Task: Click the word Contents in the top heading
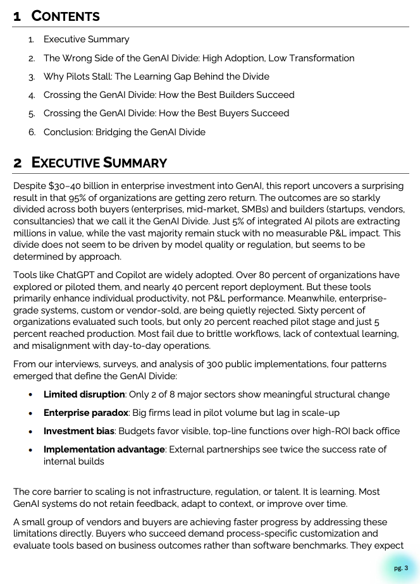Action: click(66, 16)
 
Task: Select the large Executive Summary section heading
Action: click(99, 162)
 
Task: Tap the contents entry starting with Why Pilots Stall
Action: click(156, 76)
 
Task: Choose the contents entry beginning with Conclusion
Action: click(124, 132)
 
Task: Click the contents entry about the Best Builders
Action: click(169, 95)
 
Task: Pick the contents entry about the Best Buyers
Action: click(166, 113)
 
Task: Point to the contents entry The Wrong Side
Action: click(199, 58)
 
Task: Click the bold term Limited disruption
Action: click(84, 394)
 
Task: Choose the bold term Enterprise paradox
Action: click(86, 413)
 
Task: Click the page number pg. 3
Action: click(401, 568)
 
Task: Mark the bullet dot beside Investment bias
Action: click(30, 432)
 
